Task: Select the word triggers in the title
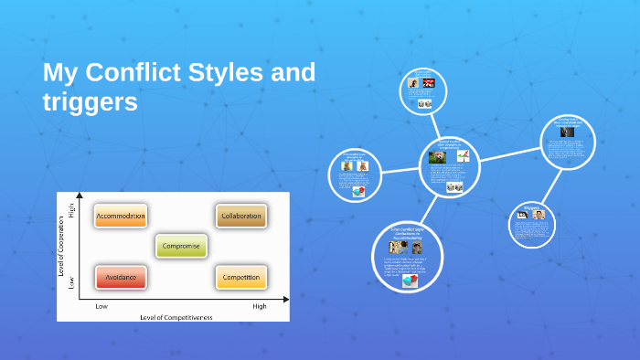pos(91,102)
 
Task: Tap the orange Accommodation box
pos(121,217)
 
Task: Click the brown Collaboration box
pos(241,217)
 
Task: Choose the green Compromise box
pos(181,246)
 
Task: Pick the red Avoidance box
pos(121,277)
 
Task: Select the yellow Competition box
pos(241,277)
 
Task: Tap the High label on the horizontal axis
pos(260,307)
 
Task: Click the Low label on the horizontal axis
pos(102,307)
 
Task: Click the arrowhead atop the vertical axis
pos(80,196)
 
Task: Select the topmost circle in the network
pos(423,91)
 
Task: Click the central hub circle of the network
pos(449,165)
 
